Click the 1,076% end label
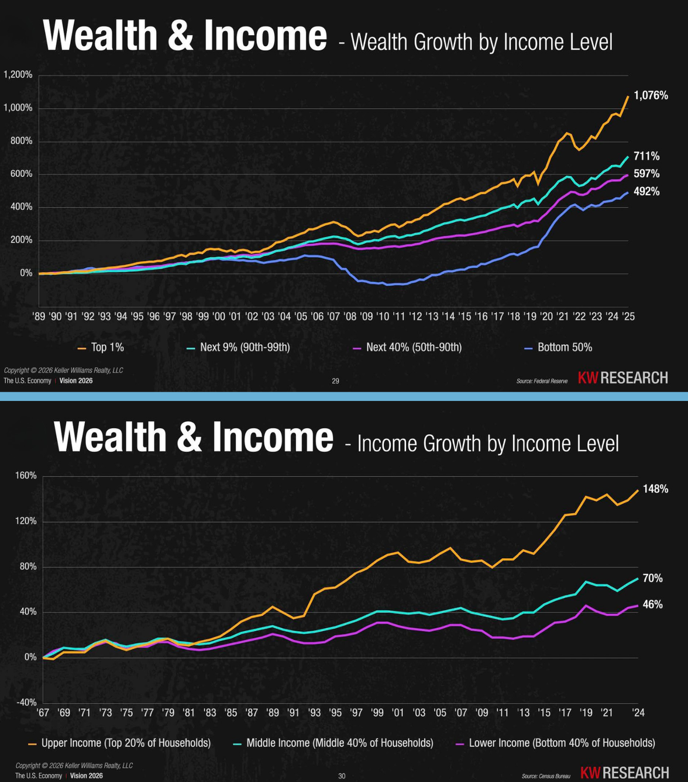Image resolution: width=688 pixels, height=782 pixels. (651, 95)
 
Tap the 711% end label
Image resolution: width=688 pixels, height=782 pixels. (646, 156)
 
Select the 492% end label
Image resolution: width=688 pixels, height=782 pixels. (646, 192)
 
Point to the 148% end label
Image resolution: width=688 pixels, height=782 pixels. (655, 489)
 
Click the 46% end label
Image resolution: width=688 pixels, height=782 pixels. (652, 604)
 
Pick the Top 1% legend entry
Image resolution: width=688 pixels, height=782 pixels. (101, 347)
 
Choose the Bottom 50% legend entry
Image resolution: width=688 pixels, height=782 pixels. (558, 347)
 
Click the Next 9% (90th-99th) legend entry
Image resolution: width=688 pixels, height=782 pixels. (238, 347)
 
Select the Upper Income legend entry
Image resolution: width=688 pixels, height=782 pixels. (120, 743)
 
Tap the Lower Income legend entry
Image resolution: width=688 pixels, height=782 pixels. (556, 743)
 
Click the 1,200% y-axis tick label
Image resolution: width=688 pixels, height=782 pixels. (18, 74)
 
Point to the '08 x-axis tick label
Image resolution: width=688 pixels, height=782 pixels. (350, 317)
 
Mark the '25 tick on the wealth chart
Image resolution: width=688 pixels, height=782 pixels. (628, 317)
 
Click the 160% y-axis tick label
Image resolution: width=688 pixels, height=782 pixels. (26, 476)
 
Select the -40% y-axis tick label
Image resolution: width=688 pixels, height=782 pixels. (27, 702)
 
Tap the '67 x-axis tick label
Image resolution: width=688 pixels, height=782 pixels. (43, 712)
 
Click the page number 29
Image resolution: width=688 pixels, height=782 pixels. (335, 381)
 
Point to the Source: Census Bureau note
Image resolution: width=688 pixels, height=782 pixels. (546, 776)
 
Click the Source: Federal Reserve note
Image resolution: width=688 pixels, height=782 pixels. (542, 381)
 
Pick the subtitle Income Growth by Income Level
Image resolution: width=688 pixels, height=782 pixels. (488, 444)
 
